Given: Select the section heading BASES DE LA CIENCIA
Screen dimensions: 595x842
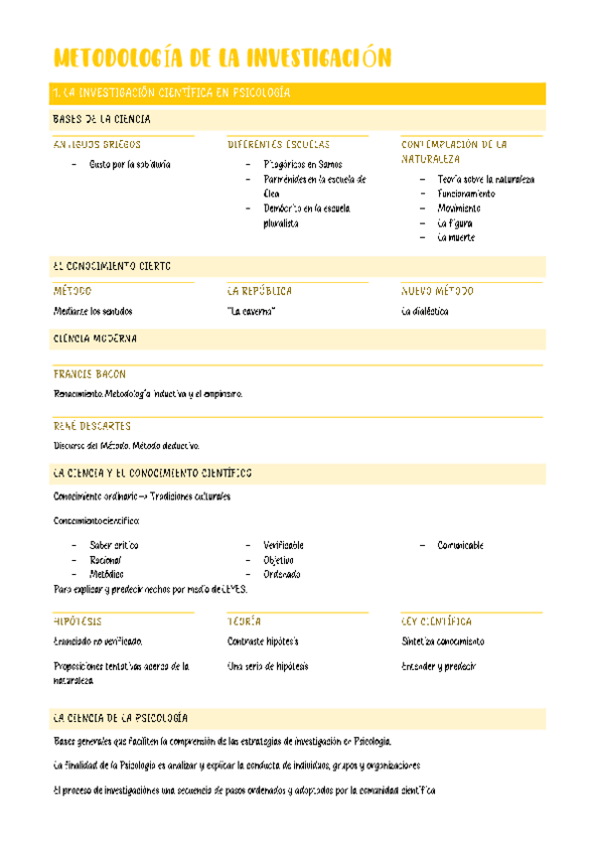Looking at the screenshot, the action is (101, 119).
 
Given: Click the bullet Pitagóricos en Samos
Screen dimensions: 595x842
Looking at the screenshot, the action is (303, 165).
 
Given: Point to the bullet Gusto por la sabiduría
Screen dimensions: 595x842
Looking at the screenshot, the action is (129, 165).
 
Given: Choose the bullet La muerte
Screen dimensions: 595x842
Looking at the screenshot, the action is (456, 237).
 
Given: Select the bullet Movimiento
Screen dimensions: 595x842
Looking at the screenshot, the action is (459, 209).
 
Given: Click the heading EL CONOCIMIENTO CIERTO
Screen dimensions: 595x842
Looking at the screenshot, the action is (111, 266).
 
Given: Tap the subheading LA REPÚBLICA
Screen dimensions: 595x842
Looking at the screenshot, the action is (259, 292).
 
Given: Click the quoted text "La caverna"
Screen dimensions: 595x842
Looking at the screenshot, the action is (251, 311).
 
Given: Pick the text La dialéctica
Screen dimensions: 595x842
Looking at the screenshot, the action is (425, 311).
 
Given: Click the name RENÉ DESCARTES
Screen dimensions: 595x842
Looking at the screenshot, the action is (91, 426).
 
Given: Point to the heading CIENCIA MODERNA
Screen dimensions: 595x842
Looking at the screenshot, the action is (94, 339).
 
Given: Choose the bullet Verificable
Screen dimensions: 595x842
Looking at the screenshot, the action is (283, 545).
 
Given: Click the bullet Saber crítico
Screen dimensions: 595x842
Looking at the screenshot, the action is (114, 545).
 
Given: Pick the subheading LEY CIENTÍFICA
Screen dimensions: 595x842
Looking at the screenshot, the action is (436, 621).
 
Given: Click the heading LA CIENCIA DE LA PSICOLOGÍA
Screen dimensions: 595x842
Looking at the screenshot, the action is (120, 718).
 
